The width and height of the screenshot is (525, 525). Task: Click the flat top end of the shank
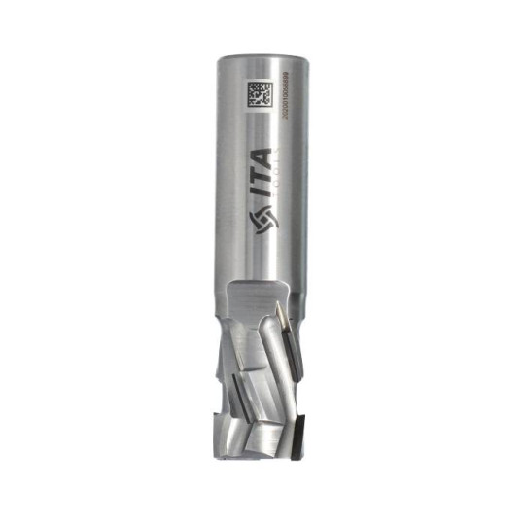coord(263,55)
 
